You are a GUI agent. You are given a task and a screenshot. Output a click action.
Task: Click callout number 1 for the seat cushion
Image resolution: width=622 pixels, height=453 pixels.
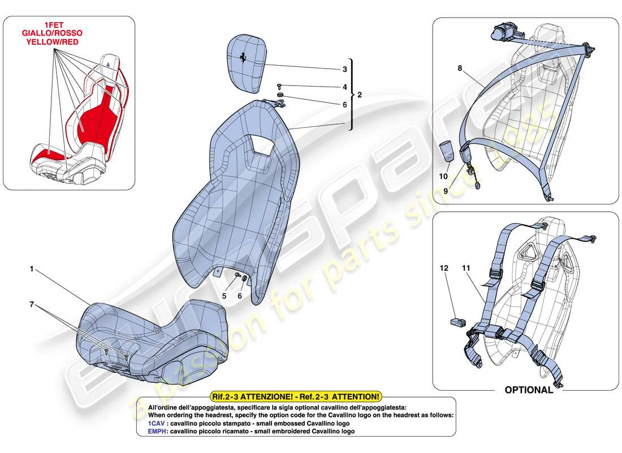coord(32,270)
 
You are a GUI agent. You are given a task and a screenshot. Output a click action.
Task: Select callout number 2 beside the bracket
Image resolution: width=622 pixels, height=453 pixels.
coord(360,94)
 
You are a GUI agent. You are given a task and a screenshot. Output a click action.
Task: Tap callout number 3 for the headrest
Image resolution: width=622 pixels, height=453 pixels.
coord(344,70)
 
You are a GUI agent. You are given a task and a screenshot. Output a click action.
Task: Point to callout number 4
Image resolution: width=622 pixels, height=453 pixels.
coord(344,87)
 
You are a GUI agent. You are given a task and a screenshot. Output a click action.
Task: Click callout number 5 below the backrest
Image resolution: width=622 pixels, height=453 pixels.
coord(224,295)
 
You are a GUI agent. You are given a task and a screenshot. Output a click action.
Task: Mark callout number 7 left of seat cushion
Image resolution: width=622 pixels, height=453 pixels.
coord(32,305)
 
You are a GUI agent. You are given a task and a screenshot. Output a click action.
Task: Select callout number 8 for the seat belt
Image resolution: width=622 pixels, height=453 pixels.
coord(460,68)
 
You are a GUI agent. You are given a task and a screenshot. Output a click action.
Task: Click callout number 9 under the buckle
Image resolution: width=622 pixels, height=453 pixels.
coord(446,191)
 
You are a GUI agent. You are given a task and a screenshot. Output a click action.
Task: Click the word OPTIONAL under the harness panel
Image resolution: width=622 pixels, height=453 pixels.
coord(529,390)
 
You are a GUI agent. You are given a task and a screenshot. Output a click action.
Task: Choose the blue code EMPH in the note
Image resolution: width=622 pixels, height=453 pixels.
coord(158,431)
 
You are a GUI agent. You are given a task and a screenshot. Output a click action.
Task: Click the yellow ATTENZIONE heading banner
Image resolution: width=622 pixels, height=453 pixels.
coord(296,397)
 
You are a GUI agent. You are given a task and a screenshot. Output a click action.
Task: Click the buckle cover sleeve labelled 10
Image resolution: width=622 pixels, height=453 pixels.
coord(447,152)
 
